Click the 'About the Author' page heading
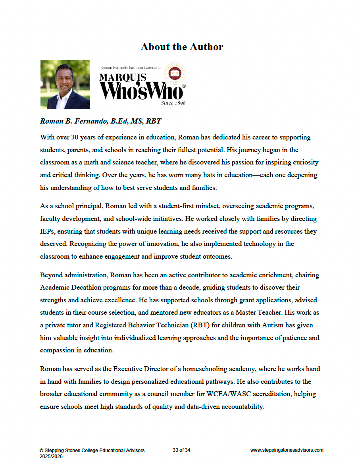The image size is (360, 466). click(x=182, y=47)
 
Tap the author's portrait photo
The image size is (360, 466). click(x=65, y=84)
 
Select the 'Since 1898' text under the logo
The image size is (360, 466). click(x=173, y=103)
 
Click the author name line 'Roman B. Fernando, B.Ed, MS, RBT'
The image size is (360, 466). click(x=100, y=121)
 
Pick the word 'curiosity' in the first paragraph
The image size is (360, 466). click(x=304, y=163)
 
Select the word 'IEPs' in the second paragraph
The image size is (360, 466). click(x=47, y=231)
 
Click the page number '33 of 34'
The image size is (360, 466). click(x=181, y=450)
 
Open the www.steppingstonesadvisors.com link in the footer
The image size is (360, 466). click(x=287, y=450)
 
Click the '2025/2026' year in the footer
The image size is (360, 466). click(x=50, y=457)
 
